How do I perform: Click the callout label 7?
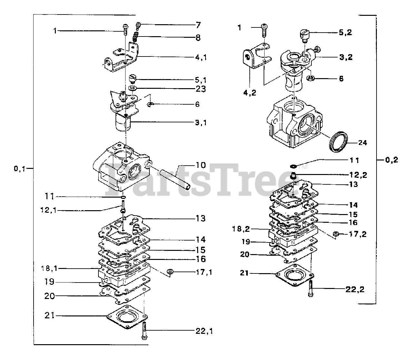(x=198, y=25)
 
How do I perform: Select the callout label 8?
(x=197, y=38)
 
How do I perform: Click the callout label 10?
(x=200, y=165)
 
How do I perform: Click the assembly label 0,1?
(x=19, y=168)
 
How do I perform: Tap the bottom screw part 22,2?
(x=311, y=288)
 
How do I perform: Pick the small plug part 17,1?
(x=170, y=272)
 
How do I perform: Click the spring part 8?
(x=136, y=38)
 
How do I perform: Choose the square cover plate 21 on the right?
(x=294, y=274)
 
